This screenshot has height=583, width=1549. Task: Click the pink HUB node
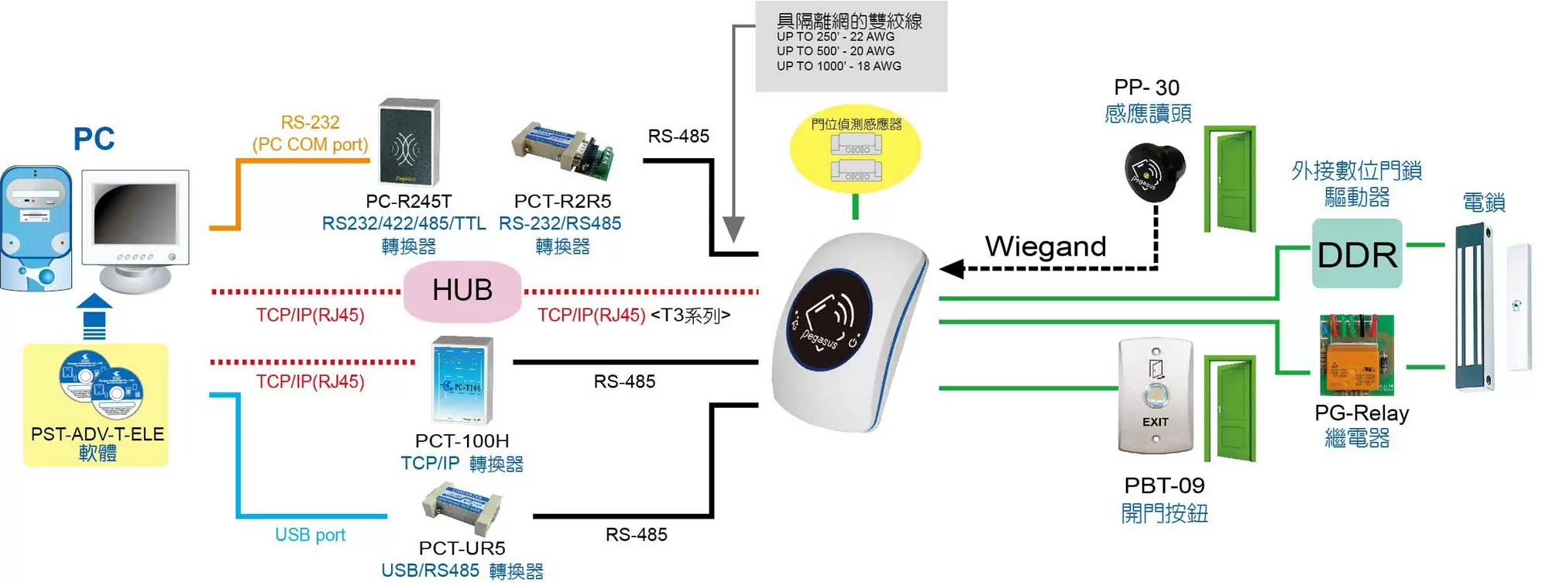point(462,291)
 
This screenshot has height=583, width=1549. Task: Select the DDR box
point(1357,254)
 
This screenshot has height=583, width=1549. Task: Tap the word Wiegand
point(1045,247)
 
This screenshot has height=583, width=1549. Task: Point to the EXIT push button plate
point(1155,396)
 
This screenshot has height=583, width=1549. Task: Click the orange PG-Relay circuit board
point(1356,356)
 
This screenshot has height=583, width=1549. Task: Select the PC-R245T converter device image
point(409,143)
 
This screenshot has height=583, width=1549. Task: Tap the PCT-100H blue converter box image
point(462,380)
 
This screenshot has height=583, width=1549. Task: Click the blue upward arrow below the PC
point(94,316)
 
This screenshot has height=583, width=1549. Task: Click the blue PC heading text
point(94,140)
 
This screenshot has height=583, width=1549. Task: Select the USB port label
point(310,535)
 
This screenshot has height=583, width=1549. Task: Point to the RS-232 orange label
point(310,122)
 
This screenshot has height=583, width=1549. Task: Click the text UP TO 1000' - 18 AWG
point(839,67)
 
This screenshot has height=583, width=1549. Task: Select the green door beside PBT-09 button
point(1230,409)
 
